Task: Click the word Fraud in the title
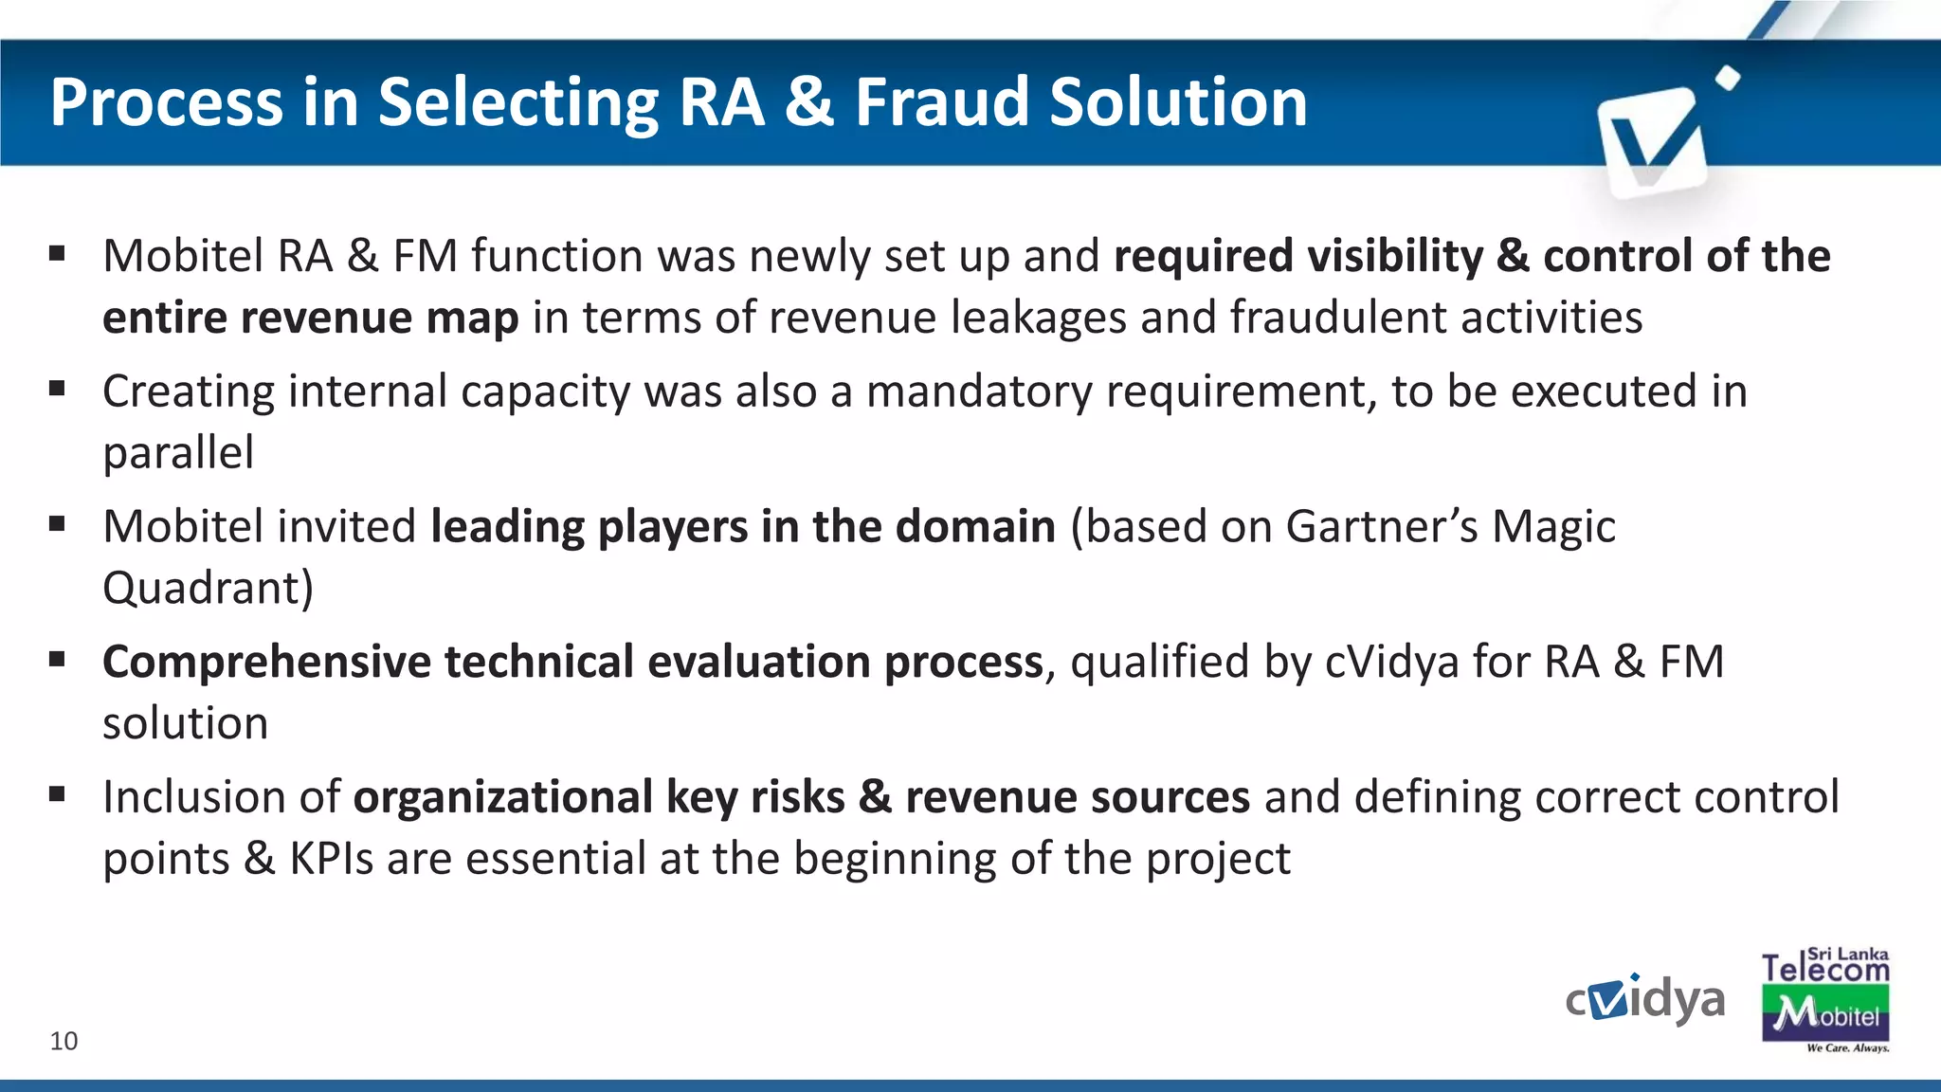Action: [942, 101]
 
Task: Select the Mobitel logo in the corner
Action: [1825, 1014]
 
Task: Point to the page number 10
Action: [63, 1041]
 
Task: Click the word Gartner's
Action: [1382, 527]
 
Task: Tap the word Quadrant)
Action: [208, 589]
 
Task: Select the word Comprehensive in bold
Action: [266, 663]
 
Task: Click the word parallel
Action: [178, 453]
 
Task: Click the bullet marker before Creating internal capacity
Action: [58, 388]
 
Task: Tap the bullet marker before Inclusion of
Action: [58, 793]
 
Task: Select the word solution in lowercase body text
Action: [185, 724]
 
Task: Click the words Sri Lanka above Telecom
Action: [1847, 955]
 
